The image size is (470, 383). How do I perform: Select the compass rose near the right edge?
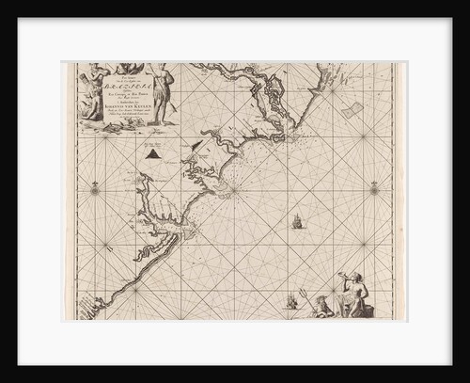[x=374, y=189]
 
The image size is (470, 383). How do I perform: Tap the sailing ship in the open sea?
[x=297, y=222]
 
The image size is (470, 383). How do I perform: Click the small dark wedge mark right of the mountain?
[x=196, y=145]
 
